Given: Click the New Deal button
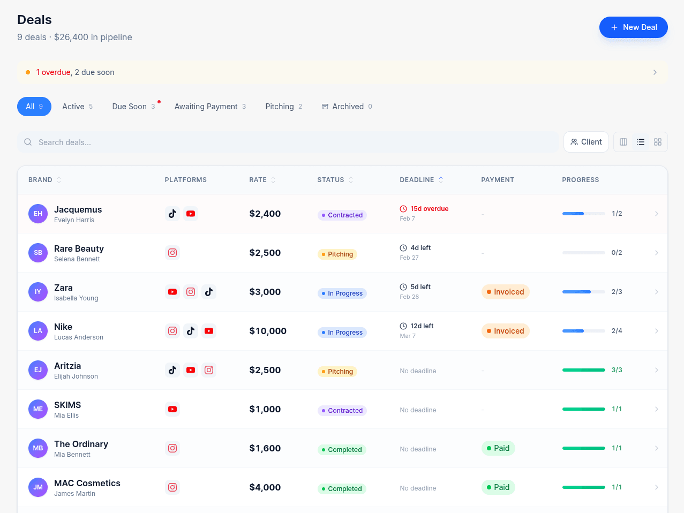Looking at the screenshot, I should (633, 27).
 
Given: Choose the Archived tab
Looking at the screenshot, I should (347, 107).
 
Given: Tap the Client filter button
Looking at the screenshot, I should (586, 142).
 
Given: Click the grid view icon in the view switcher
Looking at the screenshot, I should (658, 142).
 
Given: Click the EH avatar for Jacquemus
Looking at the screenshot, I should (38, 214).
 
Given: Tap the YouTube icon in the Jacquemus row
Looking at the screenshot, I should (191, 214).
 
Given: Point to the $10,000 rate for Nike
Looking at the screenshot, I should (268, 331).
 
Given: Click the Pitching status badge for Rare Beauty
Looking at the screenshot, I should (337, 254).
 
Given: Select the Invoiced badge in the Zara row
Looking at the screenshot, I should (505, 292).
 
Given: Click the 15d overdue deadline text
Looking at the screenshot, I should (429, 209).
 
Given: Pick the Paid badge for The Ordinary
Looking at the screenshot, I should (498, 448).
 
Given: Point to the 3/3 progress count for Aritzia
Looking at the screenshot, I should (617, 370).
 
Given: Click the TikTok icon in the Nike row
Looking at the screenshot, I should (191, 331).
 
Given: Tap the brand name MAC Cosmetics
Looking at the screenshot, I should (87, 483).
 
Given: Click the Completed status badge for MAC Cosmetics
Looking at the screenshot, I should (342, 489).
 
